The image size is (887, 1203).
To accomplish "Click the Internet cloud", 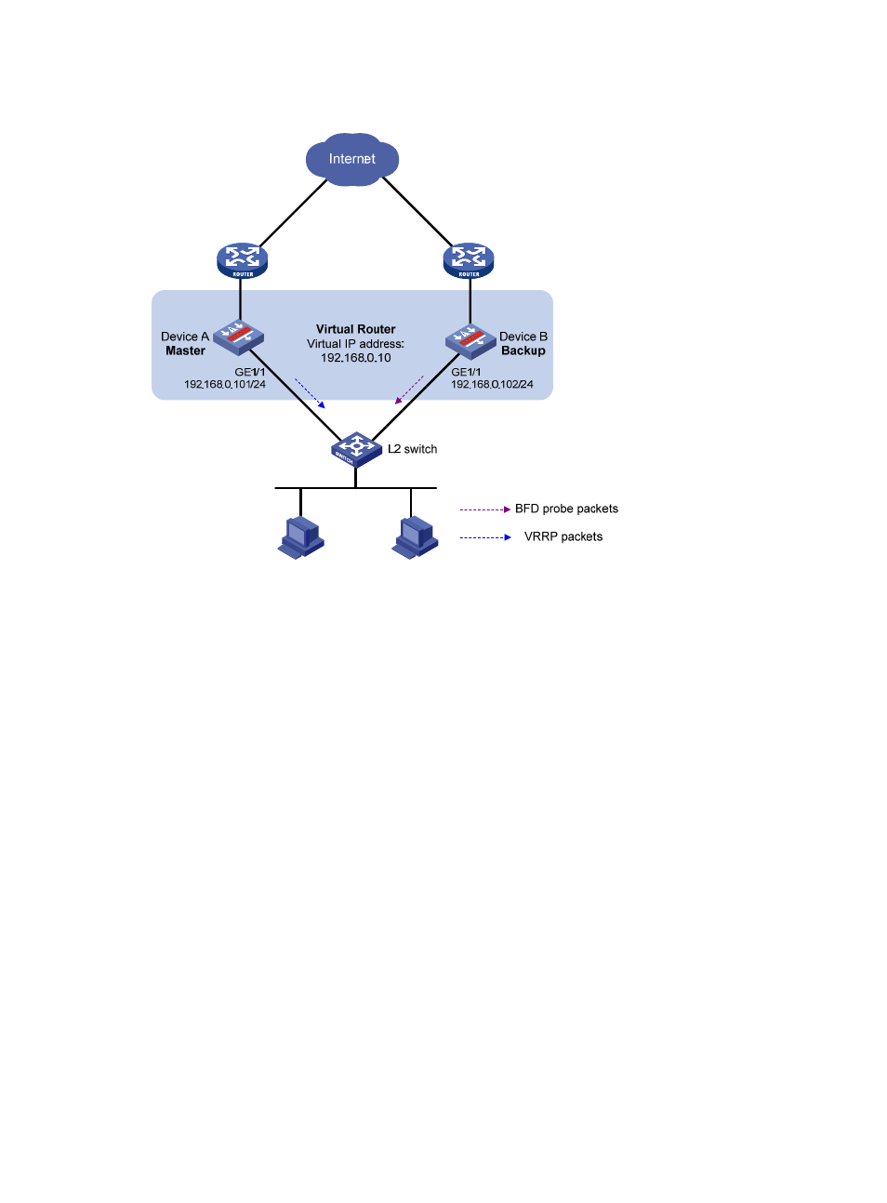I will pos(352,159).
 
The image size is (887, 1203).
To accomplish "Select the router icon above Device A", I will pos(242,260).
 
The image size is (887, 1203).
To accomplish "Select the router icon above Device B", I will pos(469,260).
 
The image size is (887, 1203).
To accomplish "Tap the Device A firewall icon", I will pos(239,337).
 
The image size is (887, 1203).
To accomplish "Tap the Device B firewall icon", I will pos(470,341).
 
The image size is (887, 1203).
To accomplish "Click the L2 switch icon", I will pos(356,449).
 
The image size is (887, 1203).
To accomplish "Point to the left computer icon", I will pos(300,537).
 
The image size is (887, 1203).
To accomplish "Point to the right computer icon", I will pos(415,537).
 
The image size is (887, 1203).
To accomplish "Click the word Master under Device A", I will pos(185,351).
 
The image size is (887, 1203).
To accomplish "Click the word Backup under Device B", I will pos(523,351).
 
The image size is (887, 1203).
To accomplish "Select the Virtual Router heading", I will pos(355,329).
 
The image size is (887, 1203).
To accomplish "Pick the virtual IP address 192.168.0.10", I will pos(355,358).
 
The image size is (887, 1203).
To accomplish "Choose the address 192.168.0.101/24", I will pos(225,385).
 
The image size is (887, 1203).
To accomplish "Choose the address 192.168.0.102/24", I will pos(492,385).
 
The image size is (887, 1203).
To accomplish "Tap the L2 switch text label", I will pos(412,449).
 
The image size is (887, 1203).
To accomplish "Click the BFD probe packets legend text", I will pos(566,509).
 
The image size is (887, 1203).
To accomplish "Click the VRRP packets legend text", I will pos(563,536).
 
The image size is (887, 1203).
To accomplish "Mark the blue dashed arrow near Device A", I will pos(310,392).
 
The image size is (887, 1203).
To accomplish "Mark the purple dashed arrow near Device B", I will pos(409,390).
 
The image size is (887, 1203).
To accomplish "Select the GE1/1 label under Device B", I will pos(466,372).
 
